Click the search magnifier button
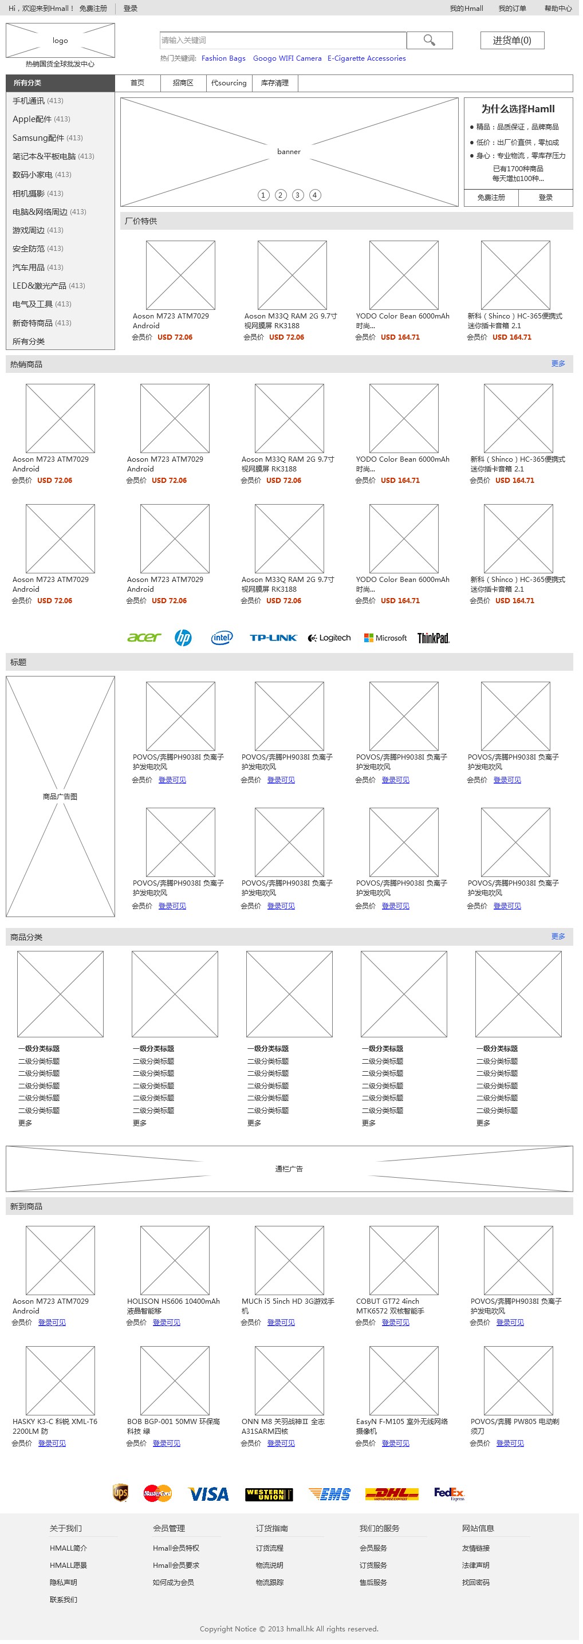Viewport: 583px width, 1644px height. point(430,40)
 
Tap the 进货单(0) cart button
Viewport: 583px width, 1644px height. point(512,40)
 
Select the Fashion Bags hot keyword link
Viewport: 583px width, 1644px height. point(223,58)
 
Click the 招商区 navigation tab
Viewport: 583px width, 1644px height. point(183,83)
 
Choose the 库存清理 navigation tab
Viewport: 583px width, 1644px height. point(275,83)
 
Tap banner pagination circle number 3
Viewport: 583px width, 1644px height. point(298,195)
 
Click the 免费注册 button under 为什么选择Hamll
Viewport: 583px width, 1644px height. point(491,198)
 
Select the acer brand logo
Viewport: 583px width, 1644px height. point(144,638)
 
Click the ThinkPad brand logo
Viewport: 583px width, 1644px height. point(434,638)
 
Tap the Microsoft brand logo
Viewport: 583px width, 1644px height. point(385,638)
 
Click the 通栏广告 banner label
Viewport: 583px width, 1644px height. point(289,1169)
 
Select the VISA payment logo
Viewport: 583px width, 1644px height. point(208,1494)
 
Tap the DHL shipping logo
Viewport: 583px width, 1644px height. point(392,1494)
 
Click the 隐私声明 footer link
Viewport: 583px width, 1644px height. point(63,1583)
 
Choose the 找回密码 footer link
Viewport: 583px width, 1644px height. point(476,1583)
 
